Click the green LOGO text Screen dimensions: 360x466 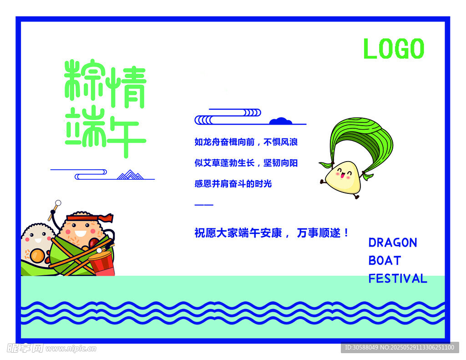[x=394, y=49]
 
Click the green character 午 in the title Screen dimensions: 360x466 [x=125, y=132]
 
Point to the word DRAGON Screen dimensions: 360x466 [x=393, y=243]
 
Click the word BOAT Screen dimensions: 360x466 [x=385, y=261]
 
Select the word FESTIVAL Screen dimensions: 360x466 [x=398, y=279]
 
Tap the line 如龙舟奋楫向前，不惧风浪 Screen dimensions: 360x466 [x=246, y=142]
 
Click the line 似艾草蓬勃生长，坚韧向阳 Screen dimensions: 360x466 [x=246, y=163]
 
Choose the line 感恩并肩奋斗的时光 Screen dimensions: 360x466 [x=233, y=184]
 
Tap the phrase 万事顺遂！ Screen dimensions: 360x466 [x=323, y=233]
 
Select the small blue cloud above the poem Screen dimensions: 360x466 [x=280, y=121]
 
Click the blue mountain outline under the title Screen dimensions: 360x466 [x=130, y=175]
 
